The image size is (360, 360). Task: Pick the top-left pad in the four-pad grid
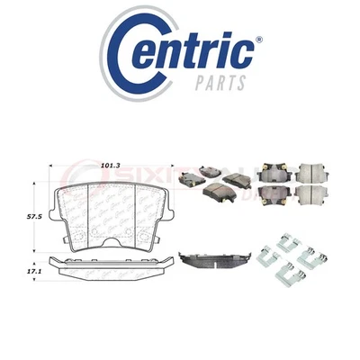271,174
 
